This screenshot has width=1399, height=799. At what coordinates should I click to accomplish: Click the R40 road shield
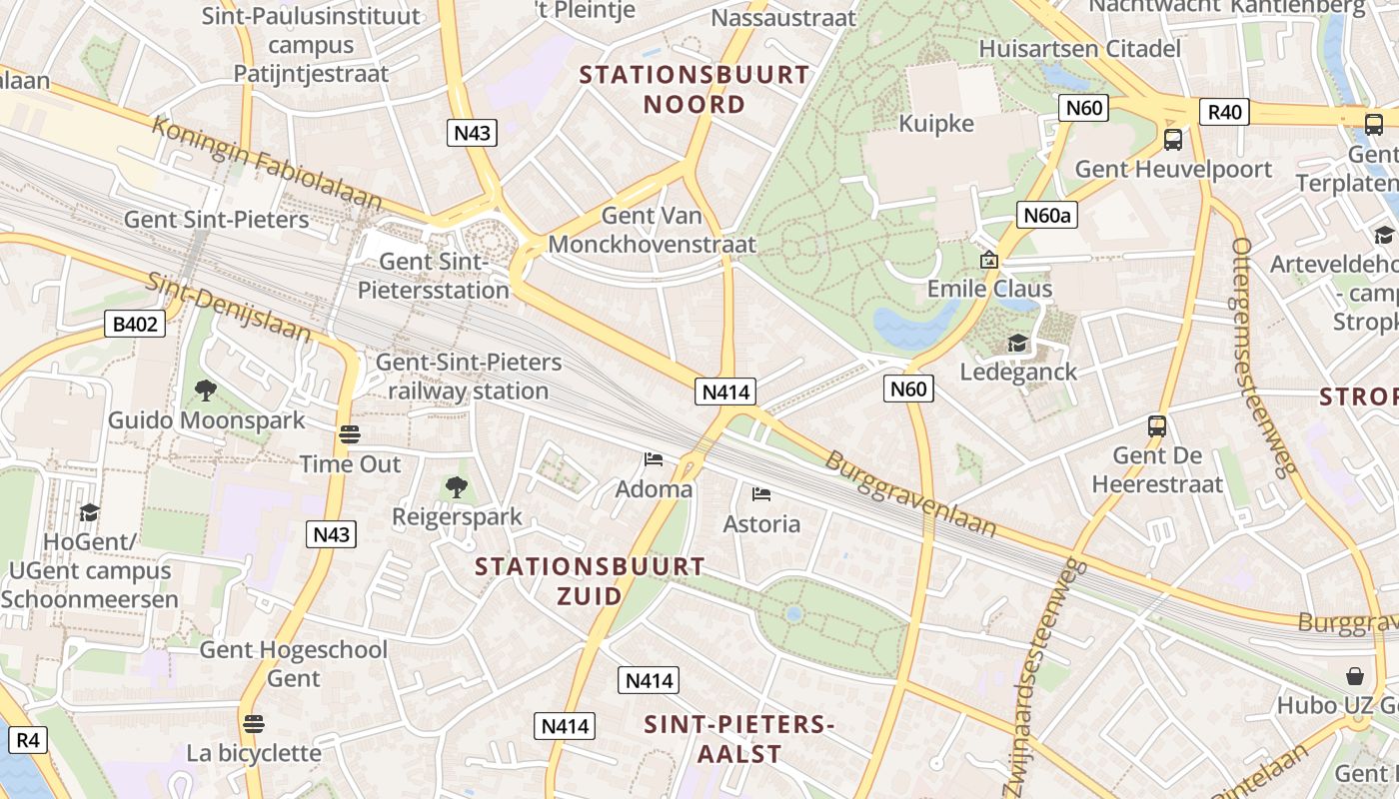(x=1225, y=112)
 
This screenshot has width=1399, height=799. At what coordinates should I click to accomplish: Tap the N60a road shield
(x=1047, y=215)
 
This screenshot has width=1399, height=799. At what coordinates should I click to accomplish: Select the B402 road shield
(x=134, y=323)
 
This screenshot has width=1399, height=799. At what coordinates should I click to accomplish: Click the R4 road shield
(x=27, y=740)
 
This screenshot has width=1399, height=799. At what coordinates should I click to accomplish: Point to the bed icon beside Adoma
(x=654, y=459)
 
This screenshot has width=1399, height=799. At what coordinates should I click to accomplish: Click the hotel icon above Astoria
(x=761, y=493)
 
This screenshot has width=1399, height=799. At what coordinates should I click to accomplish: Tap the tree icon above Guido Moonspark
(x=206, y=390)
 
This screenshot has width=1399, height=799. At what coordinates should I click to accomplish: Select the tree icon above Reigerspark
(x=457, y=487)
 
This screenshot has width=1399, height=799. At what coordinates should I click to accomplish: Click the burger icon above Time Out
(x=349, y=434)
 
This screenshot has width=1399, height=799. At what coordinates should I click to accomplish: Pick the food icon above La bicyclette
(x=254, y=722)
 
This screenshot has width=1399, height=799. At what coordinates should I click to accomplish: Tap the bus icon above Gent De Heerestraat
(x=1157, y=426)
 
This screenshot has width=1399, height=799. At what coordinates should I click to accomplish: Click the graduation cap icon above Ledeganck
(x=1017, y=343)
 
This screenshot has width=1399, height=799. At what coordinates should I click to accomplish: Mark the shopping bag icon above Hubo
(x=1355, y=676)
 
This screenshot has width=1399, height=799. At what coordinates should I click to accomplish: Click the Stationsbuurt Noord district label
(x=694, y=89)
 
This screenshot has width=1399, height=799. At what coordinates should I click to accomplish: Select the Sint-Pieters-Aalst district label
(x=738, y=738)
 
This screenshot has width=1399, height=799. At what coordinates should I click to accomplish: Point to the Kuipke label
(x=935, y=123)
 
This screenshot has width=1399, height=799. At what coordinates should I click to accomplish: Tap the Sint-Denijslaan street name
(x=229, y=307)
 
